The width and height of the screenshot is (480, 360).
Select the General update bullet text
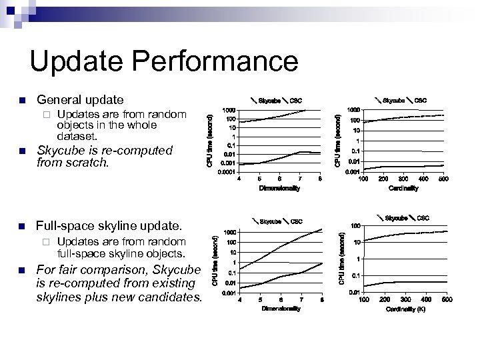(80, 100)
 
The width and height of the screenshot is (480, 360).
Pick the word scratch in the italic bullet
(82, 162)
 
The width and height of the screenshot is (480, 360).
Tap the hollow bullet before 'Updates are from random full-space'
(45, 241)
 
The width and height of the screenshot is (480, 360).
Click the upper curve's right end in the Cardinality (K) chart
(445, 230)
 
